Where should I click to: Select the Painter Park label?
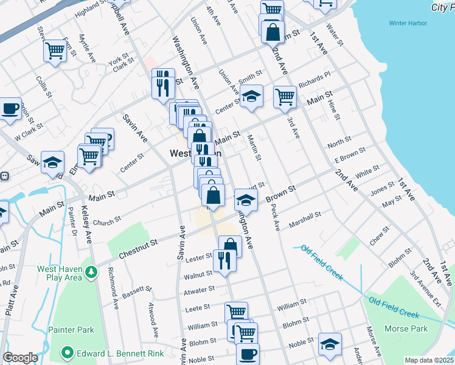[x=77, y=330]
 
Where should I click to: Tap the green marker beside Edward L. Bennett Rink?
[x=67, y=352]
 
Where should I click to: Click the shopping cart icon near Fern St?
[x=55, y=50]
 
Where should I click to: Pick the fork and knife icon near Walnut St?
[x=224, y=260]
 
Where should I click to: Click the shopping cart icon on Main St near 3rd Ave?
[x=285, y=96]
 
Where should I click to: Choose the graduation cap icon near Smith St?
[x=251, y=96]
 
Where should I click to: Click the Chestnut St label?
[x=137, y=249]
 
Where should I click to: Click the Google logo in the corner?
[x=20, y=358]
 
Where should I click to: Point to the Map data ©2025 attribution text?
[x=429, y=360]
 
